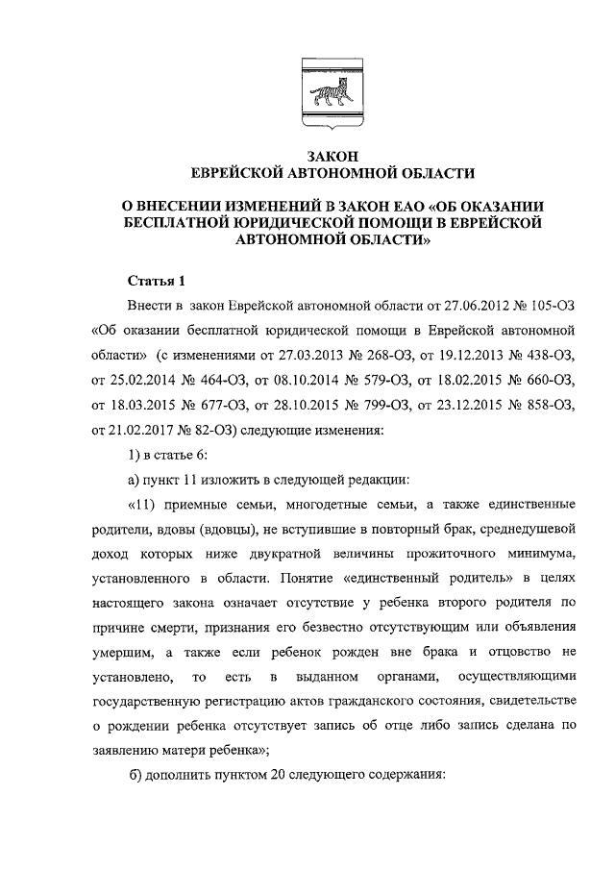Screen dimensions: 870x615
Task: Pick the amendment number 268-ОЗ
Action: tap(364, 356)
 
